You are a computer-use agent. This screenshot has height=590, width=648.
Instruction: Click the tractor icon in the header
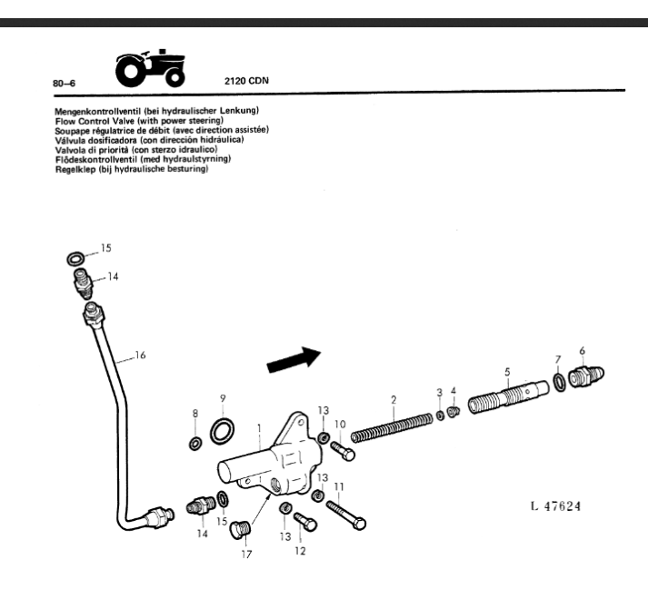(x=152, y=69)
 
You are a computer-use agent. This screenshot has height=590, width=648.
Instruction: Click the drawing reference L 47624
(x=553, y=505)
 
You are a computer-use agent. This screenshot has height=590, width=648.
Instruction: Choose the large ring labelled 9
(x=221, y=432)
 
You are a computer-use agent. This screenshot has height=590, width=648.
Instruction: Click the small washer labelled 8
(x=195, y=444)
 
